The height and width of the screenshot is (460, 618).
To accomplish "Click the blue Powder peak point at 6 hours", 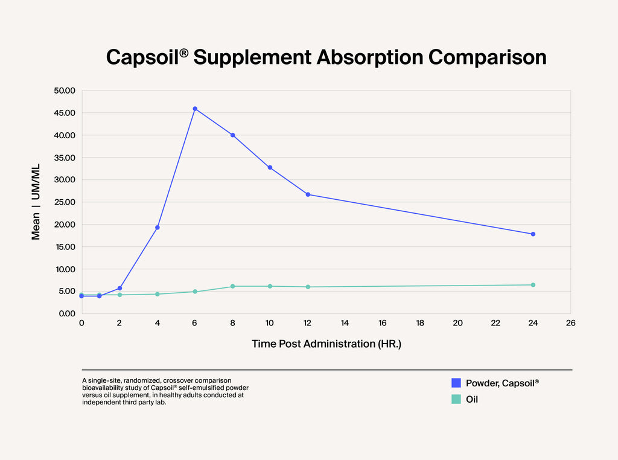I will click(x=195, y=109).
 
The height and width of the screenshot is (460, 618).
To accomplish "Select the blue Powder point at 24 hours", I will click(x=533, y=234).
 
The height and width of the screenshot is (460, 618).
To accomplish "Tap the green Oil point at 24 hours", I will click(x=533, y=285).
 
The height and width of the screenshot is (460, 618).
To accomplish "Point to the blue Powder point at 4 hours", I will click(x=158, y=228).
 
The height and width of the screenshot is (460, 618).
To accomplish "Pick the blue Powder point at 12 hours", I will click(x=308, y=194).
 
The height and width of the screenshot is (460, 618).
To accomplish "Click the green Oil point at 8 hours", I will click(x=232, y=286).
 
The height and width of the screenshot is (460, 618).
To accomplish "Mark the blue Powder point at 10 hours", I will click(x=270, y=167).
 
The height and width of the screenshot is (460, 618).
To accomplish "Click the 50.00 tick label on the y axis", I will click(x=64, y=91).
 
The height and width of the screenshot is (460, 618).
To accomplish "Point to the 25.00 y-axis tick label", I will click(x=64, y=202).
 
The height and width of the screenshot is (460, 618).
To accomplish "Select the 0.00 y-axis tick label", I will click(x=66, y=313).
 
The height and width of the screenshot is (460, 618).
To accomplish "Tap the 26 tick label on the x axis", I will click(x=571, y=323).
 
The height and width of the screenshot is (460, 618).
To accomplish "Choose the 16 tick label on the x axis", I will click(x=383, y=323).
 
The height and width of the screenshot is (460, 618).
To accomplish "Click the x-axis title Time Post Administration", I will click(x=326, y=344).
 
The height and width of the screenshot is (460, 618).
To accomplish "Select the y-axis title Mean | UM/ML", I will click(x=36, y=202).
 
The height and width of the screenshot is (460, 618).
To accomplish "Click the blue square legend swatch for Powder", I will click(x=456, y=383).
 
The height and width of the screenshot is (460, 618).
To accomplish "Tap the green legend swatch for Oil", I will click(x=456, y=399).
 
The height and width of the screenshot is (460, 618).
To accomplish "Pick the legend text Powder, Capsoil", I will click(x=502, y=383).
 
